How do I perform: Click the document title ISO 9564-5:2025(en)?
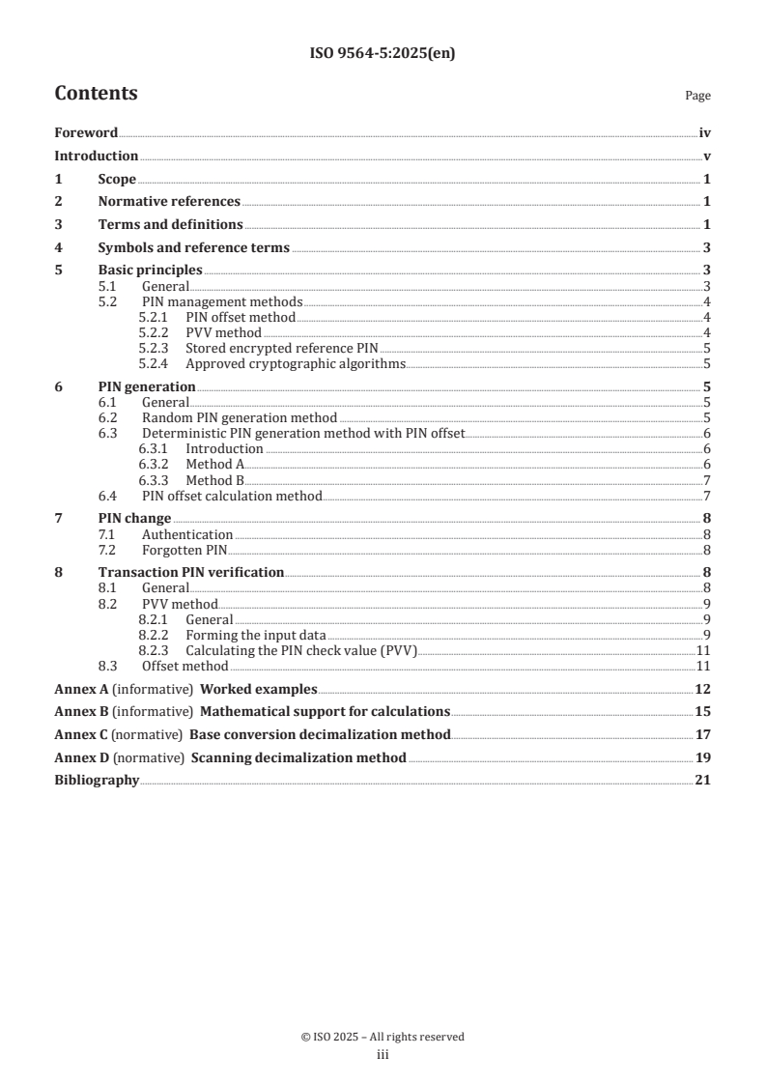coord(383,54)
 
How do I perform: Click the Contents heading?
coord(96,94)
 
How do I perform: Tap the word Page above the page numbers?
coord(697,96)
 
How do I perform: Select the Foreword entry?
coord(86,133)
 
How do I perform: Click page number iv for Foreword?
coord(705,133)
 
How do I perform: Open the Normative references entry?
coord(169,202)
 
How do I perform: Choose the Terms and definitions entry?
coord(170,225)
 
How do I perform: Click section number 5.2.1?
coord(155,317)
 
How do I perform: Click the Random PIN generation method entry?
coord(239,418)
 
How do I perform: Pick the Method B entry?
coord(214,480)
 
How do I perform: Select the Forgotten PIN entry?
coord(184,550)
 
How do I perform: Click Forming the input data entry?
coord(255,635)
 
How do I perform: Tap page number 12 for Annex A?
coord(703,689)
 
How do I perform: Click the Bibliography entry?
coord(97,781)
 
